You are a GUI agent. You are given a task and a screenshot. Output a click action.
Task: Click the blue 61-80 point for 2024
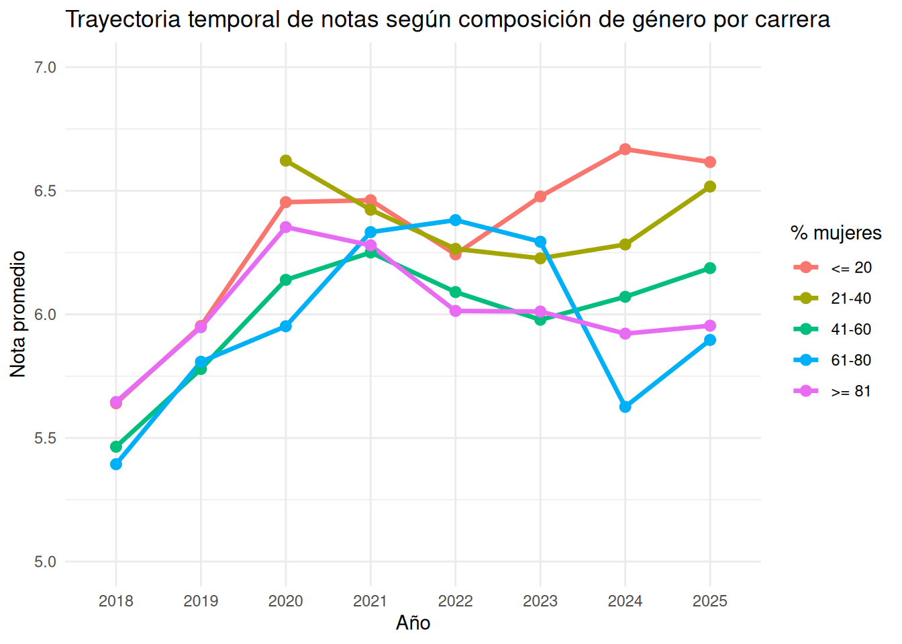[x=625, y=407]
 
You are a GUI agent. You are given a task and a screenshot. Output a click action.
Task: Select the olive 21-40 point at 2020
[x=285, y=160]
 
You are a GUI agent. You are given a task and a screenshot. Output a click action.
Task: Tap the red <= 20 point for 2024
[x=625, y=150]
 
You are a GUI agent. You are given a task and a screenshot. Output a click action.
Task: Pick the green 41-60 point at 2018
[x=116, y=446]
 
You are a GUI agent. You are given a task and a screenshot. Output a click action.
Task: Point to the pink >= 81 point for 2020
[x=285, y=227]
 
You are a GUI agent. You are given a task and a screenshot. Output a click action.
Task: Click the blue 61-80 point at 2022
[x=456, y=220]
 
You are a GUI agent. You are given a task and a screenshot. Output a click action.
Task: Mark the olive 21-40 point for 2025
[x=710, y=186]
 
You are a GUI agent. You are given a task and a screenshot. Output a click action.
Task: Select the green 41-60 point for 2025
[x=710, y=268]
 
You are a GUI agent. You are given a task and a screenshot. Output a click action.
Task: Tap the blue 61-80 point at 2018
[x=116, y=464]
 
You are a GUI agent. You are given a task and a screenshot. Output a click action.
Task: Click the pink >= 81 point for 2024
[x=625, y=333]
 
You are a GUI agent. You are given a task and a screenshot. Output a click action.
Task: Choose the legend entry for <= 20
[x=832, y=267]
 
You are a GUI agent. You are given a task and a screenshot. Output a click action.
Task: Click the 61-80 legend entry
[x=832, y=360]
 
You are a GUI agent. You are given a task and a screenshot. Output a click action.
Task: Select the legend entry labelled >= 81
[x=832, y=391]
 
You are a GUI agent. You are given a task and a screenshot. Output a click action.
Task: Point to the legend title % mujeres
[x=836, y=233]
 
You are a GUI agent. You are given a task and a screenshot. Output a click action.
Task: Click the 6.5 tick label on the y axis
[x=45, y=191]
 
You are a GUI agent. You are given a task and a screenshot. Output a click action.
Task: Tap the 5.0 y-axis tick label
[x=45, y=561]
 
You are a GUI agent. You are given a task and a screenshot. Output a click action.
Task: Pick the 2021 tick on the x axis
[x=370, y=601]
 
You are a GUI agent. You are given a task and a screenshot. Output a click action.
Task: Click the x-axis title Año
[x=413, y=623]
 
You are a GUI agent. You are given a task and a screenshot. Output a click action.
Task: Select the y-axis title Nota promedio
[x=17, y=314]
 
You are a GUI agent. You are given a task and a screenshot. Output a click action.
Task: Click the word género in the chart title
[x=669, y=20]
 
